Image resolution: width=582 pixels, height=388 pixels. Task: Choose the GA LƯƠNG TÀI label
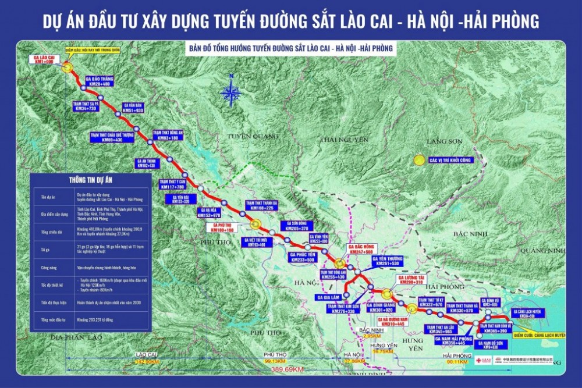[x=411, y=280]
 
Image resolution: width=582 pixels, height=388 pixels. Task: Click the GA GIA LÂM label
[x=329, y=297]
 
